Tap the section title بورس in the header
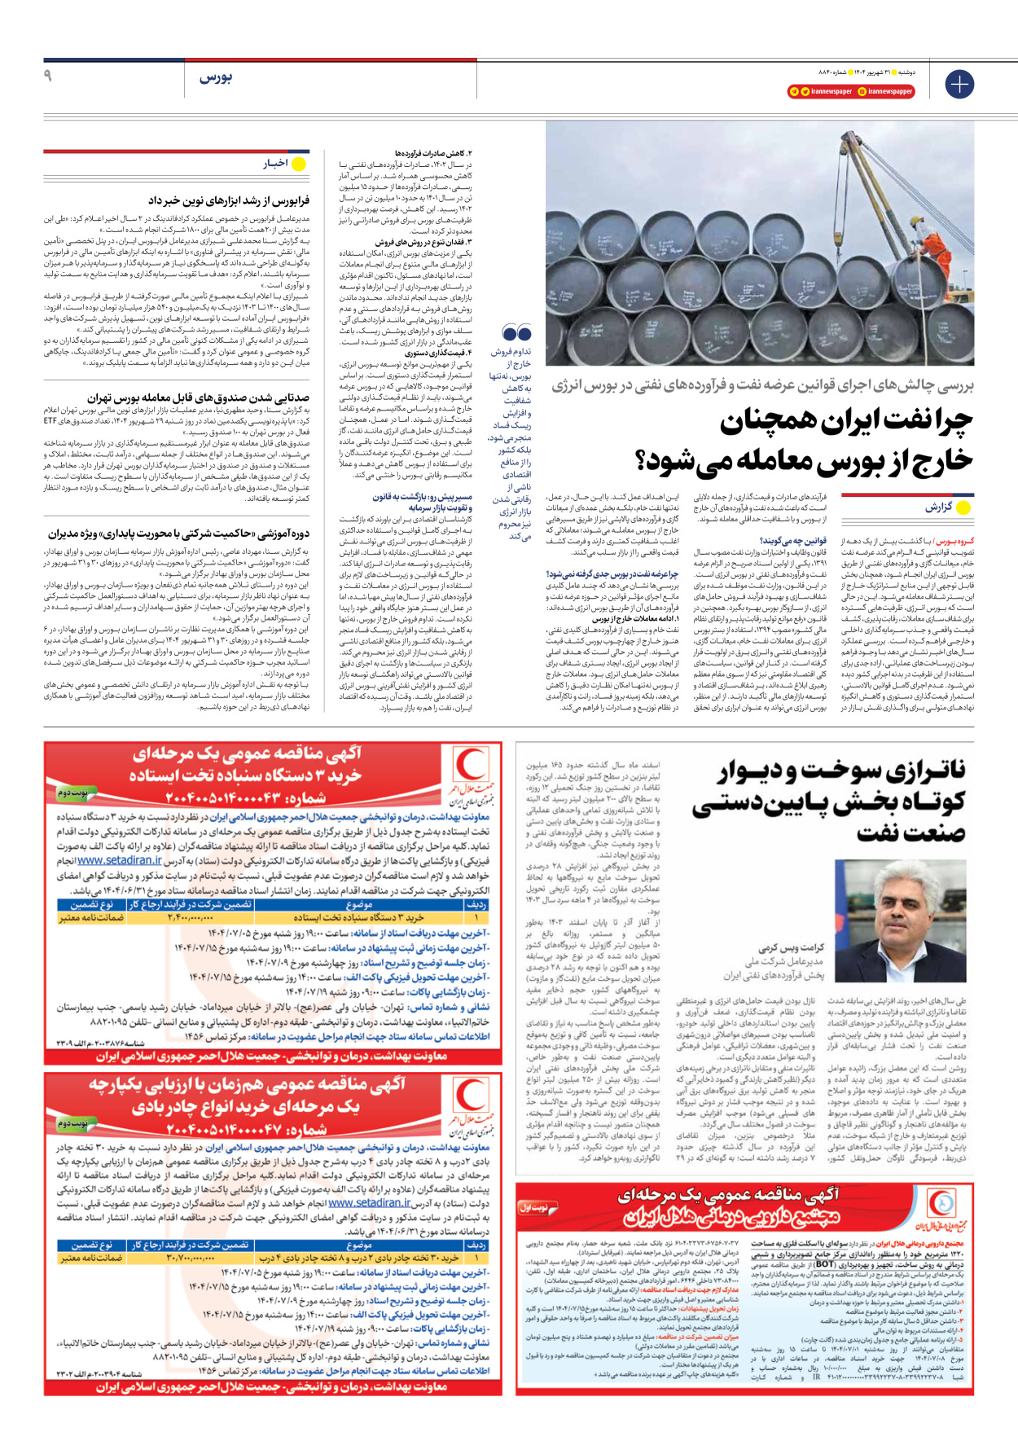[x=216, y=77]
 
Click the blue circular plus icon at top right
[x=959, y=84]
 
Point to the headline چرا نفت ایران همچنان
[x=846, y=422]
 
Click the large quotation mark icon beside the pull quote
[x=516, y=332]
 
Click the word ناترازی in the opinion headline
[x=924, y=771]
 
